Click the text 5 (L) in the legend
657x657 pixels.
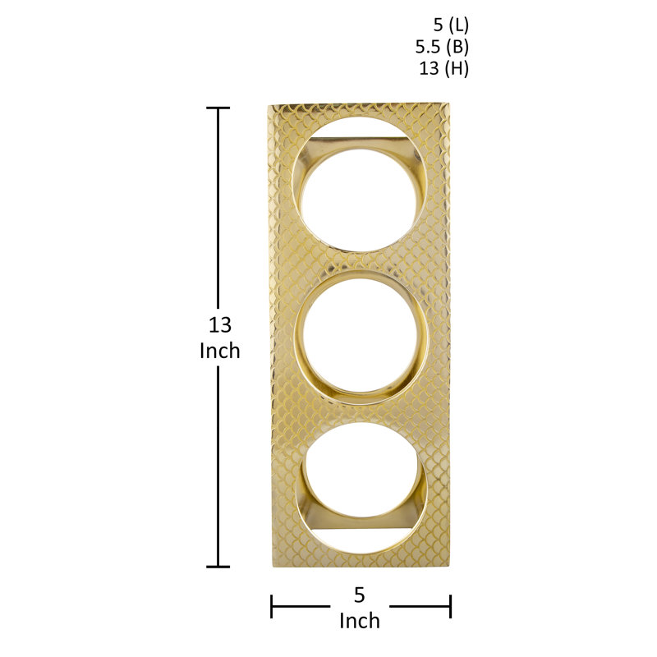coord(451,25)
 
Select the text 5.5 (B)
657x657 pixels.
coord(442,47)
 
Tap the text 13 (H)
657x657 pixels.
coord(444,68)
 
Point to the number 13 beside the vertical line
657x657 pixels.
coord(220,325)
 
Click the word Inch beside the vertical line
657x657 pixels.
coord(220,351)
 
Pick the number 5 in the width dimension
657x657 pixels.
coord(359,595)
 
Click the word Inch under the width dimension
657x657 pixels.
coord(360,621)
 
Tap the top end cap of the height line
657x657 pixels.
coord(218,108)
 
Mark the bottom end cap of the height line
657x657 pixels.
coord(218,567)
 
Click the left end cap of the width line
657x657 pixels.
coord(272,606)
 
